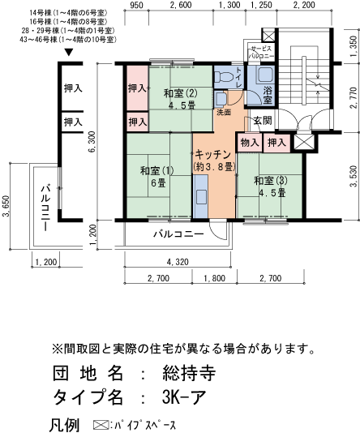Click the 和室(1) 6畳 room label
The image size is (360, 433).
click(157, 176)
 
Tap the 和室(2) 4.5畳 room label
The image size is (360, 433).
click(181, 98)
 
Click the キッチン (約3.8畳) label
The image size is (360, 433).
click(213, 160)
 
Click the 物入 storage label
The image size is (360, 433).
click(250, 143)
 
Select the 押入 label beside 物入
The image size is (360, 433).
click(276, 143)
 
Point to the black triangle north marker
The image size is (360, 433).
click(69, 54)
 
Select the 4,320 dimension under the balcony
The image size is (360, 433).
click(178, 262)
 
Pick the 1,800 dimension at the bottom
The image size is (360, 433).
click(214, 279)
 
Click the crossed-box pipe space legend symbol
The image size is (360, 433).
click(101, 424)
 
